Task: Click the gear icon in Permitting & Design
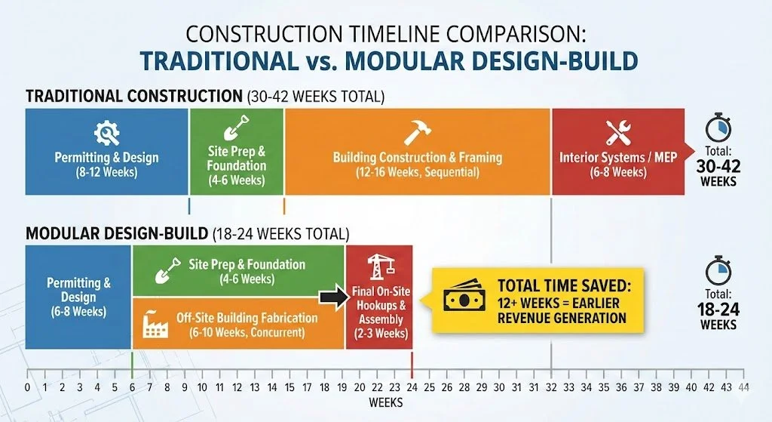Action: [106, 134]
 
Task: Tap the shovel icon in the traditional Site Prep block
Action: [237, 126]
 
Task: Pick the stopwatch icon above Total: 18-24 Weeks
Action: [718, 270]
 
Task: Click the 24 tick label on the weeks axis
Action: [412, 387]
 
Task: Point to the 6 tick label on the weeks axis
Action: [133, 387]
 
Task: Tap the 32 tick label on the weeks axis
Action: [552, 387]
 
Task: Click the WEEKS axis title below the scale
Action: [386, 402]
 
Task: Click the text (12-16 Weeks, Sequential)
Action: [417, 172]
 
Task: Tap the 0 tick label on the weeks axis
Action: [27, 387]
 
